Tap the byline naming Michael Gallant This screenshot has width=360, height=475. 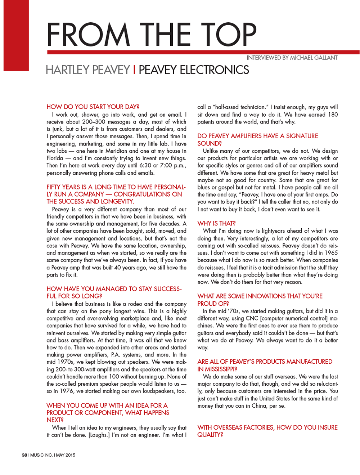click(292, 58)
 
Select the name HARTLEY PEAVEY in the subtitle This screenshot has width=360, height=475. click(87, 70)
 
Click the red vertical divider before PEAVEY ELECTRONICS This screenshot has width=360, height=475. click(134, 70)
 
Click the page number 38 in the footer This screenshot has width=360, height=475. click(24, 455)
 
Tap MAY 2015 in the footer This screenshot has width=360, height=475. click(66, 455)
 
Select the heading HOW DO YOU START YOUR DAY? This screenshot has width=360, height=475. click(93, 107)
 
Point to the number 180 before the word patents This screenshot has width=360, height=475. click(333, 115)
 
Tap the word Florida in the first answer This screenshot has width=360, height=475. click(55, 158)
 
